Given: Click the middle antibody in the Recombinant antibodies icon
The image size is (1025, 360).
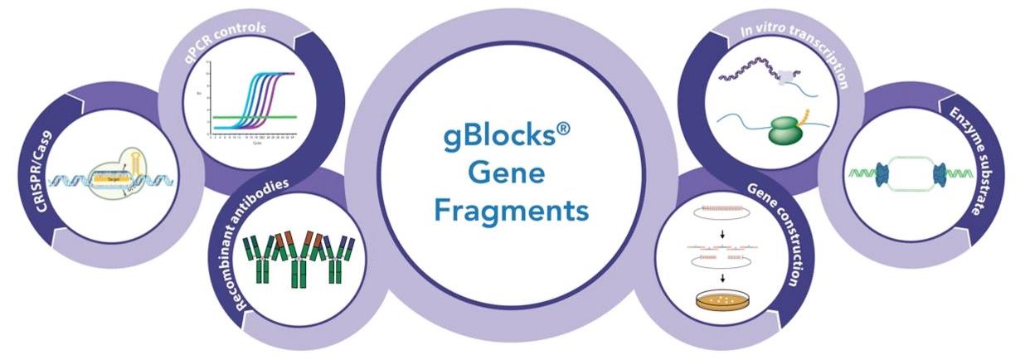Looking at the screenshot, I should pos(296,258).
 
